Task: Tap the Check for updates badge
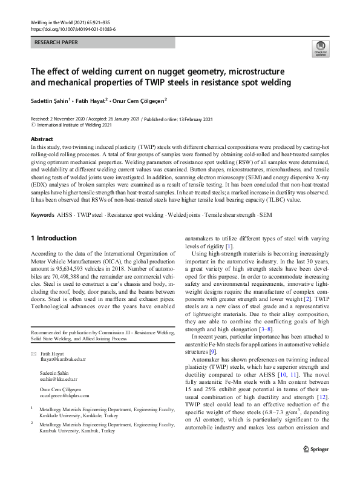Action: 319,48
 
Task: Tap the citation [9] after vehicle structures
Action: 213,351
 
